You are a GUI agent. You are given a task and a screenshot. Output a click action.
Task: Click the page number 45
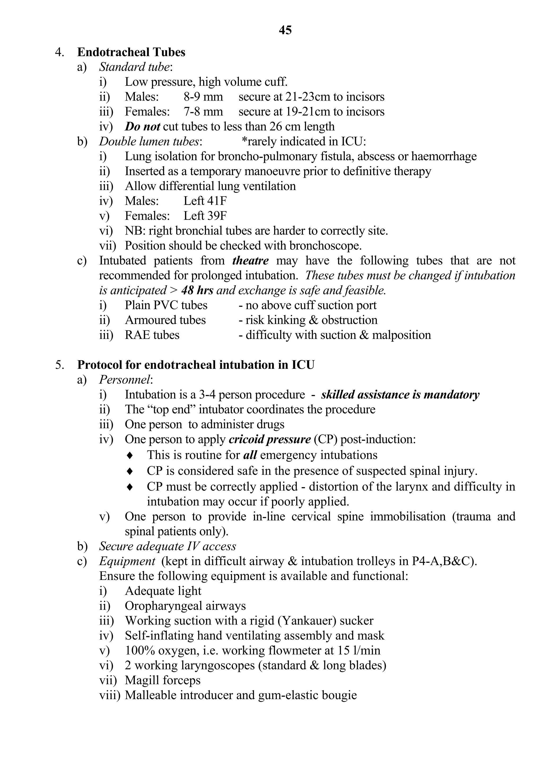285,30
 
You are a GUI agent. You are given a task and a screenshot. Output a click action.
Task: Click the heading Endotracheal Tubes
131,52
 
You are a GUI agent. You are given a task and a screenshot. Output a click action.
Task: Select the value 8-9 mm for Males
203,97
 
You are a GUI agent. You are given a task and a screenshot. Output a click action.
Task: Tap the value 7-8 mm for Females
203,111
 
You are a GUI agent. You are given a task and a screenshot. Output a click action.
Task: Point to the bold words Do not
142,127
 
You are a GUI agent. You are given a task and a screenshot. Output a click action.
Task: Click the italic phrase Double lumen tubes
149,141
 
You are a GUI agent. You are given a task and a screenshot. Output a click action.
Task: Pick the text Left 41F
205,201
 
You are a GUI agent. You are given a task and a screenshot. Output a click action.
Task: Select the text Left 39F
205,216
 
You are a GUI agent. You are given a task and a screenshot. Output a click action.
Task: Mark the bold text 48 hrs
197,290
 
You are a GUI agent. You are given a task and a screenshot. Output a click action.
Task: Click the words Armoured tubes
165,320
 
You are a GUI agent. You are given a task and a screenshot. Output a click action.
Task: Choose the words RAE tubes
152,335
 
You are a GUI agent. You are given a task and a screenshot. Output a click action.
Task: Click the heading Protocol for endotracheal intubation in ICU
196,365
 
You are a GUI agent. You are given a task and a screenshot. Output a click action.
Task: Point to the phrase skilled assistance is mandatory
400,395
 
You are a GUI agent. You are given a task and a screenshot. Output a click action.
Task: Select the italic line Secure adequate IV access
168,546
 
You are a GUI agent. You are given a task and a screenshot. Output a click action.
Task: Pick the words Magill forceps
163,680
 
